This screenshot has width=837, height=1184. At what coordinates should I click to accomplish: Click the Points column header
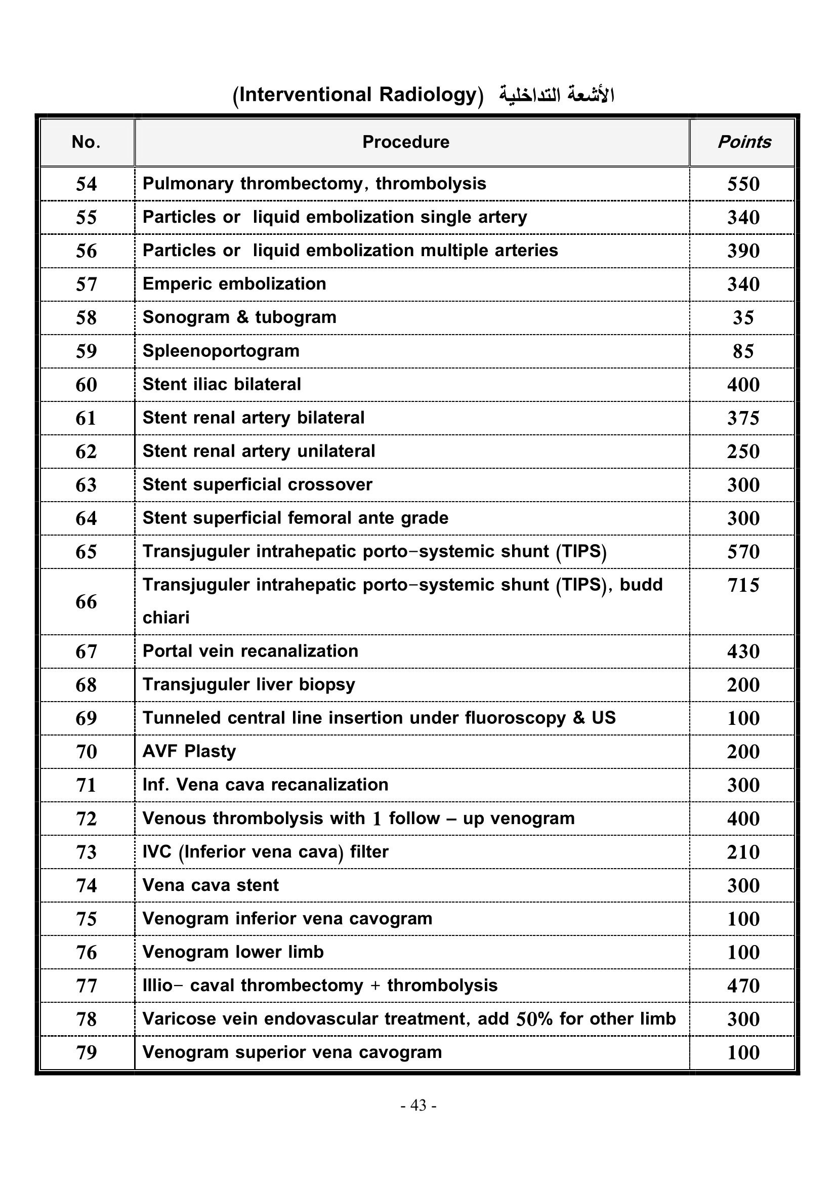point(744,142)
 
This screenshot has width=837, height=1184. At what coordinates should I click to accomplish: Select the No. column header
point(86,142)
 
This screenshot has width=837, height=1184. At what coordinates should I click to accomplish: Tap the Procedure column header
point(406,142)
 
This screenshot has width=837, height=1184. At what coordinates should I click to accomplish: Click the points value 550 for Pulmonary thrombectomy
point(743,184)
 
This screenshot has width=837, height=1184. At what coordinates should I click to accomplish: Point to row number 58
point(86,318)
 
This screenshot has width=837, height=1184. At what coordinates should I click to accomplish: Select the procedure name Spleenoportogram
point(221,351)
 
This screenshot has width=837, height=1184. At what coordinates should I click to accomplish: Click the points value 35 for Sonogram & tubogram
point(743,318)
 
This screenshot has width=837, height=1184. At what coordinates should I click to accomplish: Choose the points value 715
point(743,585)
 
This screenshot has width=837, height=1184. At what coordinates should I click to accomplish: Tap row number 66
point(86,602)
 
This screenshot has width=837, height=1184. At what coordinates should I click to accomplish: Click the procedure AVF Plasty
point(189,752)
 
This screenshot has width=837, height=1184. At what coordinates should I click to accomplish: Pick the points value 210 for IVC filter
point(743,852)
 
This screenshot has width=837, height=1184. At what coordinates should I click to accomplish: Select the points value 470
point(743,986)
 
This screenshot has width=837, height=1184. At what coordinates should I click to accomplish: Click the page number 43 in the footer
point(418,1105)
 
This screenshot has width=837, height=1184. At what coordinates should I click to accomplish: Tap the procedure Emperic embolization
point(234,284)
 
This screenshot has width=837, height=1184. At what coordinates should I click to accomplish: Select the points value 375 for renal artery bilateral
point(743,418)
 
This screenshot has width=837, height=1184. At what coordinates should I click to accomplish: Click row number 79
point(86,1052)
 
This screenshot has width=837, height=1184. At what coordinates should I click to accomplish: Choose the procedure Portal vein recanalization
point(250,651)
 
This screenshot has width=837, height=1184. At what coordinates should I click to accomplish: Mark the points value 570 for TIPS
point(743,552)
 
